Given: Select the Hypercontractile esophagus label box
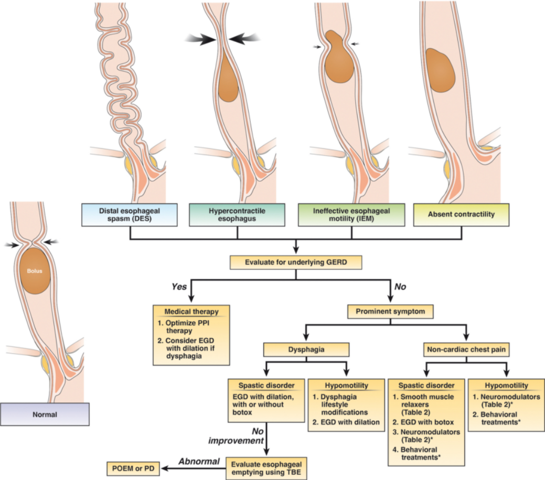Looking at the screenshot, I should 237,215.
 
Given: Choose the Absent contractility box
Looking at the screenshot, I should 461,215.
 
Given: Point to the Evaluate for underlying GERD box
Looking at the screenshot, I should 296,263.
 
